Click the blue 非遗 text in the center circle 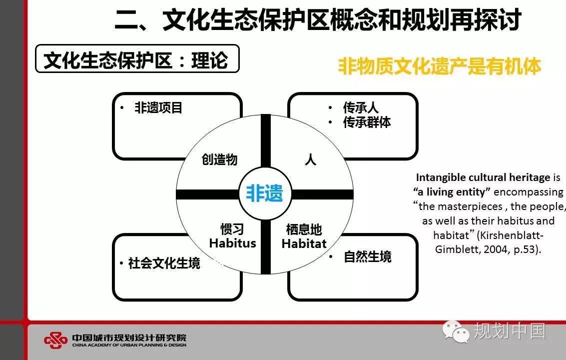pos(265,193)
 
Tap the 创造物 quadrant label pos(219,159)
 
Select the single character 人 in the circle pos(310,159)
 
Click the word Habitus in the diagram pos(232,243)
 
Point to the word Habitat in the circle pos(304,243)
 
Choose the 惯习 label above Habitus pos(232,229)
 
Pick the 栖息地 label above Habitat pos(304,229)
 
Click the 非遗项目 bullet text pos(158,107)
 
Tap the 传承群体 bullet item pos(367,122)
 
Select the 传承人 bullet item pos(361,107)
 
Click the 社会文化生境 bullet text pos(164,263)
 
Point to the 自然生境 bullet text pos(368,256)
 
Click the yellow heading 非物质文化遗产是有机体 pos(439,66)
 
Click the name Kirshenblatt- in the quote pos(510,235)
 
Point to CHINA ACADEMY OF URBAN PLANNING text pos(129,345)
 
